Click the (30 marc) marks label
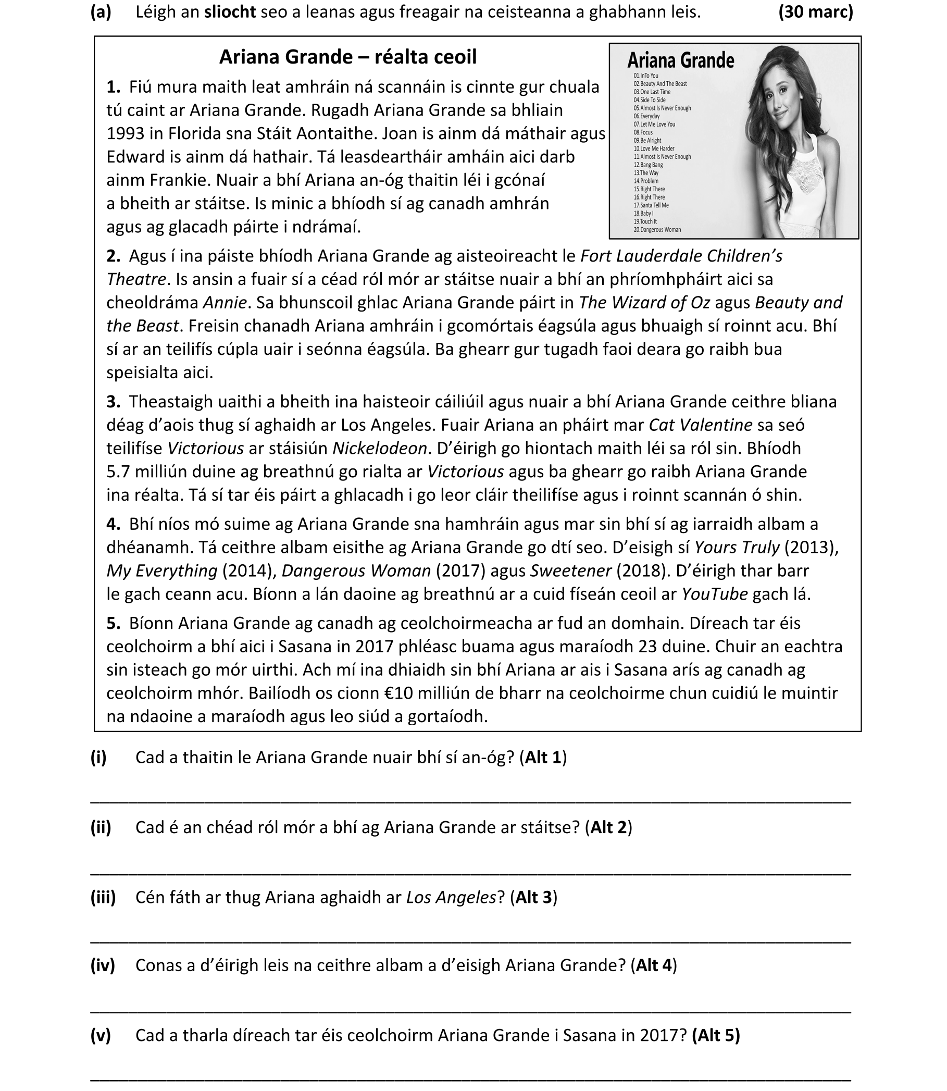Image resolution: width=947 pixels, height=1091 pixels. click(815, 11)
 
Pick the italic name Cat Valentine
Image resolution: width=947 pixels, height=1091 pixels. click(700, 425)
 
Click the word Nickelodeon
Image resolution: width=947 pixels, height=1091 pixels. click(379, 448)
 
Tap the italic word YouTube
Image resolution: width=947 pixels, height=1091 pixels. click(715, 594)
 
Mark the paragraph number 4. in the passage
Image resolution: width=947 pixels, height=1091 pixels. click(114, 524)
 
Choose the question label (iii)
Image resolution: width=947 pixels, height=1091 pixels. click(103, 897)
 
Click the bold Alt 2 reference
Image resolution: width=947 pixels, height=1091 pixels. click(608, 827)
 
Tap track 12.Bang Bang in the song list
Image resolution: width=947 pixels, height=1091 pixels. click(648, 165)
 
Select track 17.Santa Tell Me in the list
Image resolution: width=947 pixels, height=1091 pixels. click(651, 205)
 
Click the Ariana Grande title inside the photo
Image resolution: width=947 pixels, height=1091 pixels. click(680, 60)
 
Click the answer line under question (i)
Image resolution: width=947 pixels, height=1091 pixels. click(470, 802)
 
